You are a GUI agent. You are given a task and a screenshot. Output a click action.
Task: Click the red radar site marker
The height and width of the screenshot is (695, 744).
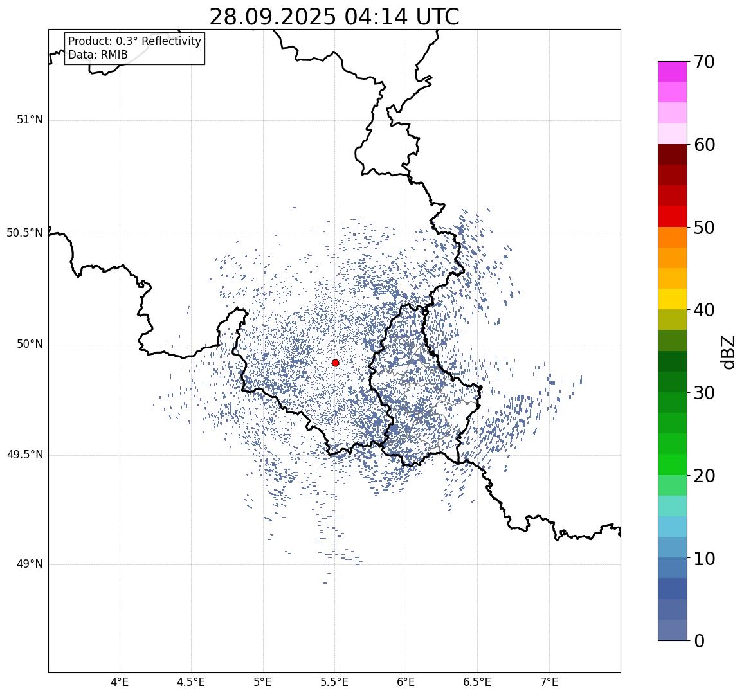[x=335, y=363]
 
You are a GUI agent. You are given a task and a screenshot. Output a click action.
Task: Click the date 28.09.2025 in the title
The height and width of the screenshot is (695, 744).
[x=272, y=17]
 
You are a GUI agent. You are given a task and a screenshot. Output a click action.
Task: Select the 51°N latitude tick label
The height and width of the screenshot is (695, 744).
[x=30, y=120]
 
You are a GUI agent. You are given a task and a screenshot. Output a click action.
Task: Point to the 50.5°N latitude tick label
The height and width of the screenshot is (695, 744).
[x=24, y=233]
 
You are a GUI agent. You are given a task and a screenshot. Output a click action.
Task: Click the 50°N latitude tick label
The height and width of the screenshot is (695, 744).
[x=30, y=344]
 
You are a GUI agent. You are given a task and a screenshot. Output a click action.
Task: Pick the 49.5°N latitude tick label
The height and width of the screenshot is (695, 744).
[x=24, y=455]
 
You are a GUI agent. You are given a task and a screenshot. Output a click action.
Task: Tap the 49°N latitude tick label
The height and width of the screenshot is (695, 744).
[x=30, y=564]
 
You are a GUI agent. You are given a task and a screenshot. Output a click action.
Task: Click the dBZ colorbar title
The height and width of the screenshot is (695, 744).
[x=728, y=352]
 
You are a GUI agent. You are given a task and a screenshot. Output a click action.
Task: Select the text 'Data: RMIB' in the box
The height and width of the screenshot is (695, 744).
[x=98, y=55]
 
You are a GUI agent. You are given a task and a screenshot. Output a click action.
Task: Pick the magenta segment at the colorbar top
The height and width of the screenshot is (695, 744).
[x=672, y=71]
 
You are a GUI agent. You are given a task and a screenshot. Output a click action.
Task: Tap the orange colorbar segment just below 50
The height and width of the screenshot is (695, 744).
[x=672, y=237]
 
